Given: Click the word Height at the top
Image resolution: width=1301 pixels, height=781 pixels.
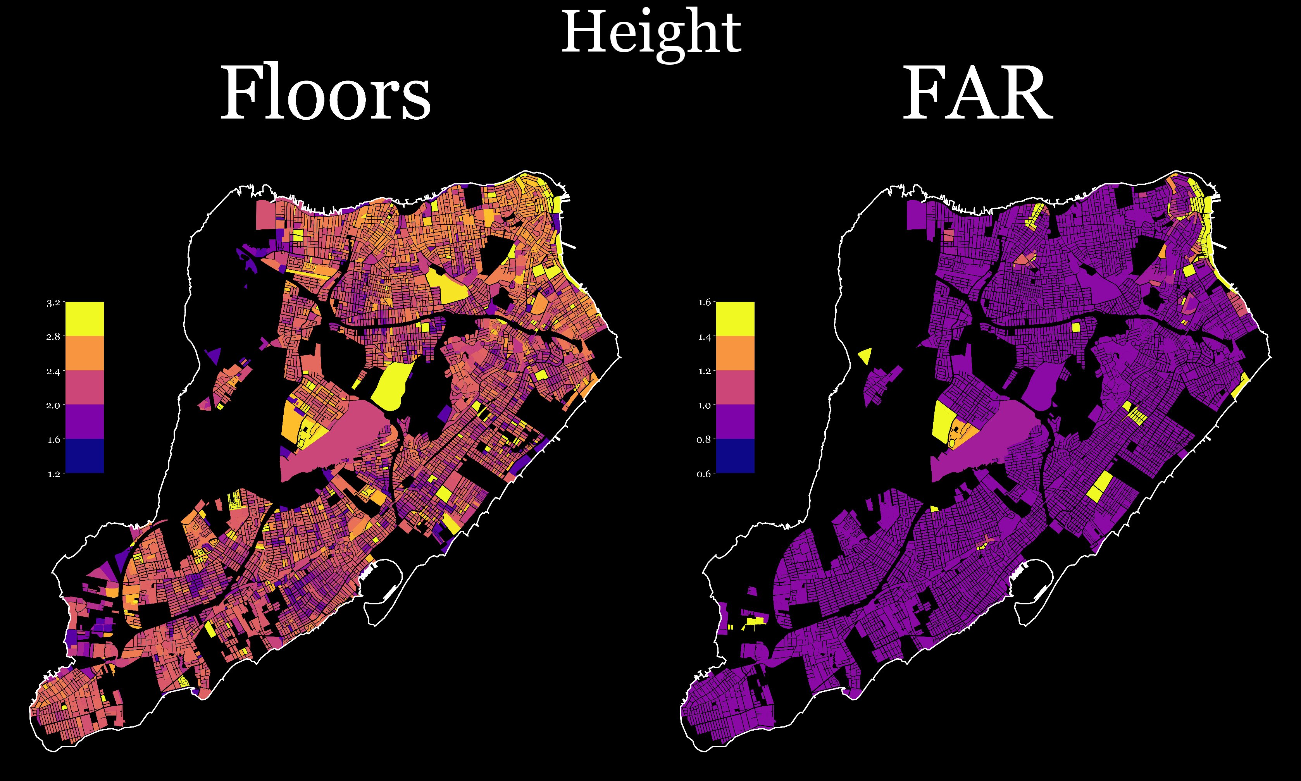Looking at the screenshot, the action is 651,34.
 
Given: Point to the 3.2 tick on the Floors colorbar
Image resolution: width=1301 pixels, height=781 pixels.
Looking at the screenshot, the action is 53,303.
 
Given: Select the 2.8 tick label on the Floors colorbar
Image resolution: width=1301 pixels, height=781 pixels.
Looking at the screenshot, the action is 53,337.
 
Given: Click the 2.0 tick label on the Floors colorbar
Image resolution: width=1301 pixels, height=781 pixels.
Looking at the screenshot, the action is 53,405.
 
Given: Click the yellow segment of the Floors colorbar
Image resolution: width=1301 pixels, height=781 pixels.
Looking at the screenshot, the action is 84,319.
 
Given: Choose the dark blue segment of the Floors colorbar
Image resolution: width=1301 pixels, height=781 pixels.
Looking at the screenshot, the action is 84,456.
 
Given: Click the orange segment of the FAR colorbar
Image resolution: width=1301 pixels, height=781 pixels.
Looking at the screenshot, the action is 735,353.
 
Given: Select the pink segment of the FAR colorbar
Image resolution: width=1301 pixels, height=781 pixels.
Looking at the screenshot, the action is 735,387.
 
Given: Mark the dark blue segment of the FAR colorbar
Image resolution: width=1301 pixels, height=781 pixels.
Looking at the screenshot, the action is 735,456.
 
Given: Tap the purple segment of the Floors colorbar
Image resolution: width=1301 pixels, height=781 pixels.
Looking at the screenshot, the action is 84,421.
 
